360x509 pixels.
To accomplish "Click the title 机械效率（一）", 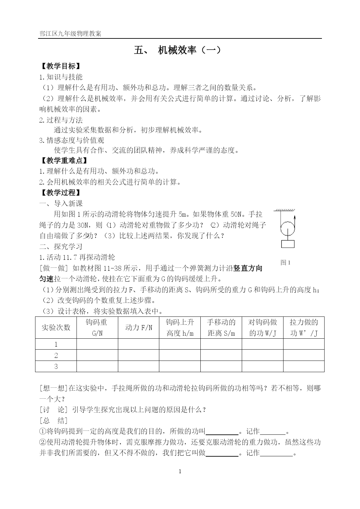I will pyautogui.click(x=189, y=50).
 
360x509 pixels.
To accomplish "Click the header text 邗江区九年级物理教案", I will pyautogui.click(x=70, y=34).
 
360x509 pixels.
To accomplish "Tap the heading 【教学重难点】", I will pyautogui.click(x=64, y=161).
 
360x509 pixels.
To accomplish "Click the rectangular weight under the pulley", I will pyautogui.click(x=287, y=244).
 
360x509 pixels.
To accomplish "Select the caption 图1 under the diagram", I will pyautogui.click(x=285, y=263).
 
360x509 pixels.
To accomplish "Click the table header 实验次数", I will pyautogui.click(x=56, y=328).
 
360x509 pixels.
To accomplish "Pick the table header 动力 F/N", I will pyautogui.click(x=138, y=328).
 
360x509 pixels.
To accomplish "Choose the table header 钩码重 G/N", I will pyautogui.click(x=97, y=328).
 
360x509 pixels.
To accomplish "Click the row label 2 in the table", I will pyautogui.click(x=56, y=356).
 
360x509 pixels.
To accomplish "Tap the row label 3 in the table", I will pyautogui.click(x=56, y=367).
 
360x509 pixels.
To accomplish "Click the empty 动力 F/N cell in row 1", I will pyautogui.click(x=138, y=344).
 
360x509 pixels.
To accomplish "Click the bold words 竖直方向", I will pyautogui.click(x=248, y=268).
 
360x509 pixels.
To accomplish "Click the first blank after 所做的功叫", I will pyautogui.click(x=222, y=432).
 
